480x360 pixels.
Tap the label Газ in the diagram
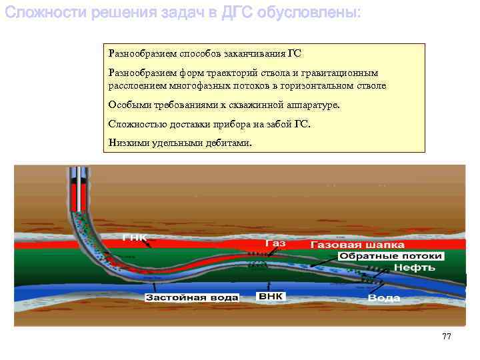click(x=275, y=244)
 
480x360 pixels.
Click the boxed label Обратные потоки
click(x=391, y=256)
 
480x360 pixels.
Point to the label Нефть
click(x=414, y=267)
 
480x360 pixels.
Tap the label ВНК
click(x=272, y=295)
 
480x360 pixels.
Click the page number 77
click(x=447, y=336)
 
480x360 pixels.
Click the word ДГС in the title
click(x=225, y=13)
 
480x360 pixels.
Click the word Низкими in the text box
click(x=126, y=141)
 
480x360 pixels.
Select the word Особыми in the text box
click(x=127, y=105)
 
